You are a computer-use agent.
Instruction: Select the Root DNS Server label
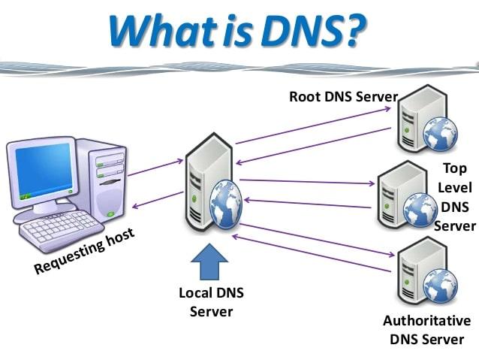point(343,97)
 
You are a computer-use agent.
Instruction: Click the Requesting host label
point(84,251)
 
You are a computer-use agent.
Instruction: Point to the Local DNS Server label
point(211,301)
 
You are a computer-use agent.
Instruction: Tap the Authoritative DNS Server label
point(426,329)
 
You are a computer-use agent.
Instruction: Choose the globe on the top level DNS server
point(418,209)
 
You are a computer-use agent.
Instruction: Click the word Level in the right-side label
point(455,188)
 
